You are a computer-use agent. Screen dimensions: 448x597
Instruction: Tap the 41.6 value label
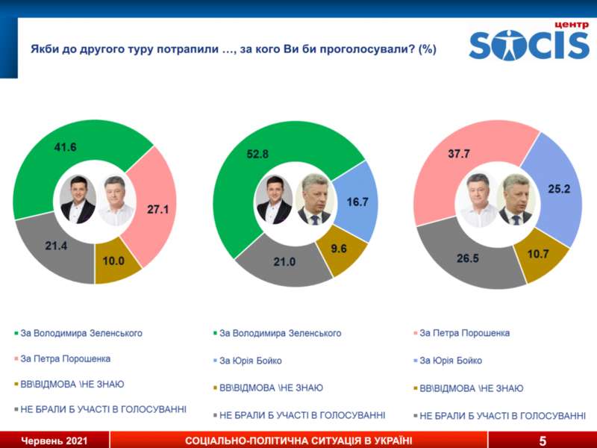pyautogui.click(x=66, y=147)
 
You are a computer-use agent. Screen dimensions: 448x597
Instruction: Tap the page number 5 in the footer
pyautogui.click(x=543, y=441)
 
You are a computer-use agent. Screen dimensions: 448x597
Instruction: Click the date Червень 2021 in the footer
pyautogui.click(x=54, y=441)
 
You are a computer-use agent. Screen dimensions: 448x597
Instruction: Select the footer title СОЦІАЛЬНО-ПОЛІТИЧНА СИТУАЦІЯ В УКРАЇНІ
pyautogui.click(x=298, y=441)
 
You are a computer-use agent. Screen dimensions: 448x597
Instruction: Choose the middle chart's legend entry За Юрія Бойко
pyautogui.click(x=251, y=361)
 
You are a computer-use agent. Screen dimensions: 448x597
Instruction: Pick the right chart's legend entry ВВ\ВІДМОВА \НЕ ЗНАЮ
pyautogui.click(x=471, y=388)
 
